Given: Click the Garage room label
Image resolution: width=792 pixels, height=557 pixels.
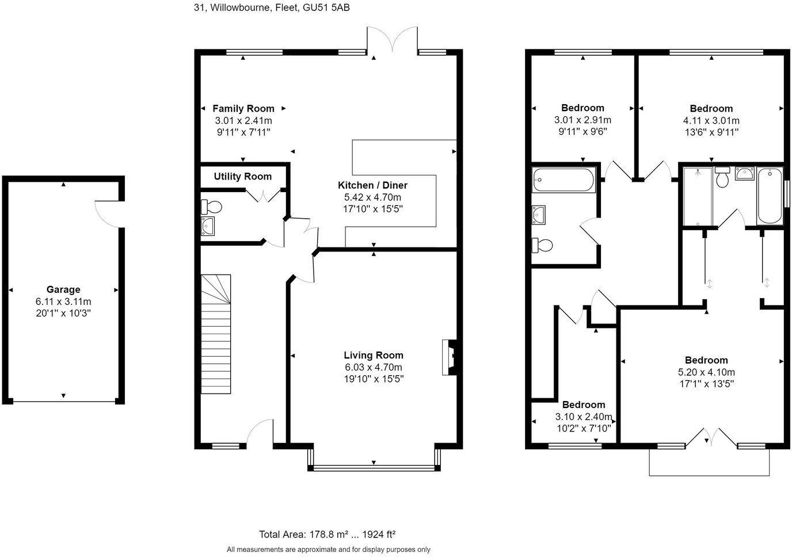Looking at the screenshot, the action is coord(63,289).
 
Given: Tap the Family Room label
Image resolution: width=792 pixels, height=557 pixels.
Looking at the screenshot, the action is coord(243,109).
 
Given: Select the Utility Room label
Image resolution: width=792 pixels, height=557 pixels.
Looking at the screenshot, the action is coord(242,176).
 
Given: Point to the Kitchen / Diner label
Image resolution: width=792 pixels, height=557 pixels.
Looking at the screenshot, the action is coord(372,185).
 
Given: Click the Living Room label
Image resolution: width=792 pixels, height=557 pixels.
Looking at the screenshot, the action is coord(374,355).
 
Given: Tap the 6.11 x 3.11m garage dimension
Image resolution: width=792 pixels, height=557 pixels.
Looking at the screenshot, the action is coord(63,302).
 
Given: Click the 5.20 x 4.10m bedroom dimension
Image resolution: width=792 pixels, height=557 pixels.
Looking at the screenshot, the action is coord(706,372).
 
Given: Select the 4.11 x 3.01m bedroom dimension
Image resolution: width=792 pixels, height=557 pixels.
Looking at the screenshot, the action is coord(711,120).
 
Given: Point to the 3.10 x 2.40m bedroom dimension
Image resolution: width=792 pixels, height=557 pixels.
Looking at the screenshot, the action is coord(584,417).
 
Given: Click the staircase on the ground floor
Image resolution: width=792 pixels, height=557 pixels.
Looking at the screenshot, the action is coord(216,334).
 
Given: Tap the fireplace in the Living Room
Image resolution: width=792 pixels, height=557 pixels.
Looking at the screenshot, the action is coord(450,357).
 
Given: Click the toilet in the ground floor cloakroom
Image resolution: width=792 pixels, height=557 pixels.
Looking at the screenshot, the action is coord(211,207).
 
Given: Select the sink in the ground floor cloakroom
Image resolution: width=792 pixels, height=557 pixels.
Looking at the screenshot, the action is coord(208,226).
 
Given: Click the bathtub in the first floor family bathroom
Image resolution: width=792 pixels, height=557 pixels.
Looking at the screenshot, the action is coord(563,180).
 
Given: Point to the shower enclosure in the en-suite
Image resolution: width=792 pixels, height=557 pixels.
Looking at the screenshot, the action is coord(698,197).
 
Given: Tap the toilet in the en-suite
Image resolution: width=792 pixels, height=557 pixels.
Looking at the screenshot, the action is coord(722,177).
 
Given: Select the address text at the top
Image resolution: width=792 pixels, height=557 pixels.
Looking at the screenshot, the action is coord(272,7).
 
